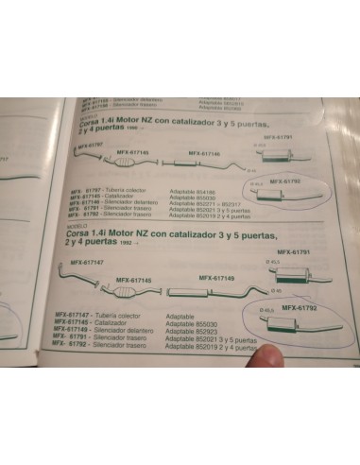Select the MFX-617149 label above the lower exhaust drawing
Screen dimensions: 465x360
click(217, 277)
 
